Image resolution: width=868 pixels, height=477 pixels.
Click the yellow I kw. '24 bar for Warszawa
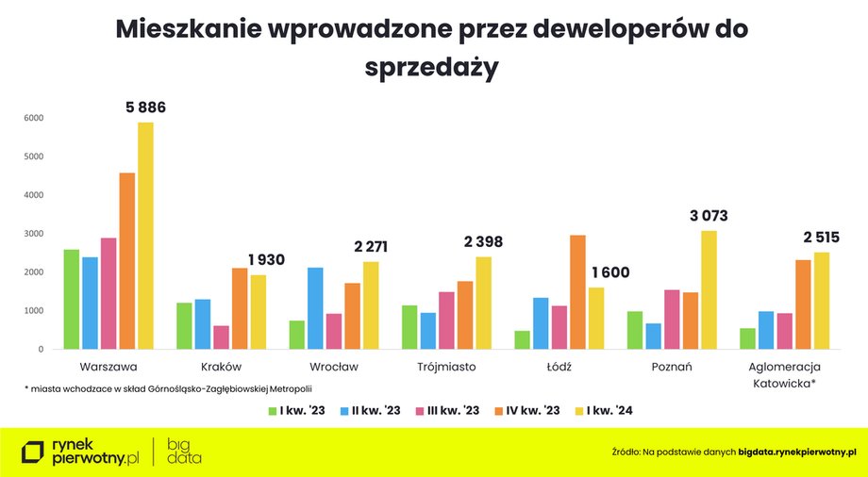(x=145, y=236)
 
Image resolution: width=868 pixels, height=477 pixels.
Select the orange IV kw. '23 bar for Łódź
(x=578, y=292)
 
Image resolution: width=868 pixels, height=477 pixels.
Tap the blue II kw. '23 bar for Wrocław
(x=315, y=308)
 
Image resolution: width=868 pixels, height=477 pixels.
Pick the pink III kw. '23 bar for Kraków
(x=222, y=337)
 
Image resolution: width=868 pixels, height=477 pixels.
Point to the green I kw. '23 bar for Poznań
(x=635, y=330)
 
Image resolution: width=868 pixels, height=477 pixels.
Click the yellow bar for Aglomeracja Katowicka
(x=822, y=301)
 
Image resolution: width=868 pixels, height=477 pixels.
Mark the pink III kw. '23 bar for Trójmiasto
(x=446, y=321)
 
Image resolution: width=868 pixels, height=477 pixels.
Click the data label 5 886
(x=145, y=107)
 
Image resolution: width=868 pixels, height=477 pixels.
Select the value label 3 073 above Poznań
(x=709, y=215)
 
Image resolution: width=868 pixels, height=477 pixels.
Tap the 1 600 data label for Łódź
(x=610, y=272)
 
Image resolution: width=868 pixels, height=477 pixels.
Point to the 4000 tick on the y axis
(x=34, y=195)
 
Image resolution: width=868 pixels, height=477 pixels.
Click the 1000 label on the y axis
(x=34, y=310)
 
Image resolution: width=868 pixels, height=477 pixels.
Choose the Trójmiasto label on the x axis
(x=446, y=367)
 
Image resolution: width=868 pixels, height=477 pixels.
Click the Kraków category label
(x=222, y=367)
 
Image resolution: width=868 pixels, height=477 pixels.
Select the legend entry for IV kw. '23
(x=527, y=411)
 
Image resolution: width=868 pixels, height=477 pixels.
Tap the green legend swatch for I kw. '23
(x=273, y=411)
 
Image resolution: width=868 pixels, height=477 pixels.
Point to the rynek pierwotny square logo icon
(x=33, y=452)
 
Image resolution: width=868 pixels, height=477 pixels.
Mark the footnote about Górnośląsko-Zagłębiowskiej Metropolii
(x=168, y=388)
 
